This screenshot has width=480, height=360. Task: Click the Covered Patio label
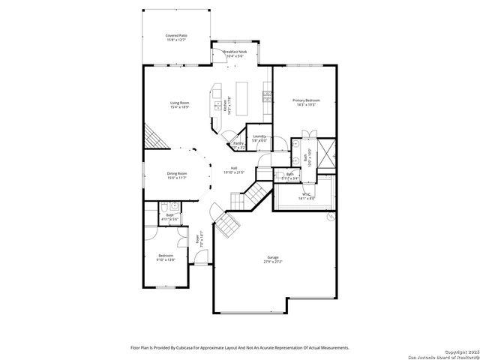point(176,35)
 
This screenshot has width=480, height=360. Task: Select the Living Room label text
point(178,103)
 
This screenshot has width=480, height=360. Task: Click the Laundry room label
point(259,136)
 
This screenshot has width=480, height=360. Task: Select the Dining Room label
point(176,173)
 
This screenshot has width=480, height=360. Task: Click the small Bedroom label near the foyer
point(166,256)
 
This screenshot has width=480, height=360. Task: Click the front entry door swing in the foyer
point(199,259)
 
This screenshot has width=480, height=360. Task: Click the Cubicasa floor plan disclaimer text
point(240,347)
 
